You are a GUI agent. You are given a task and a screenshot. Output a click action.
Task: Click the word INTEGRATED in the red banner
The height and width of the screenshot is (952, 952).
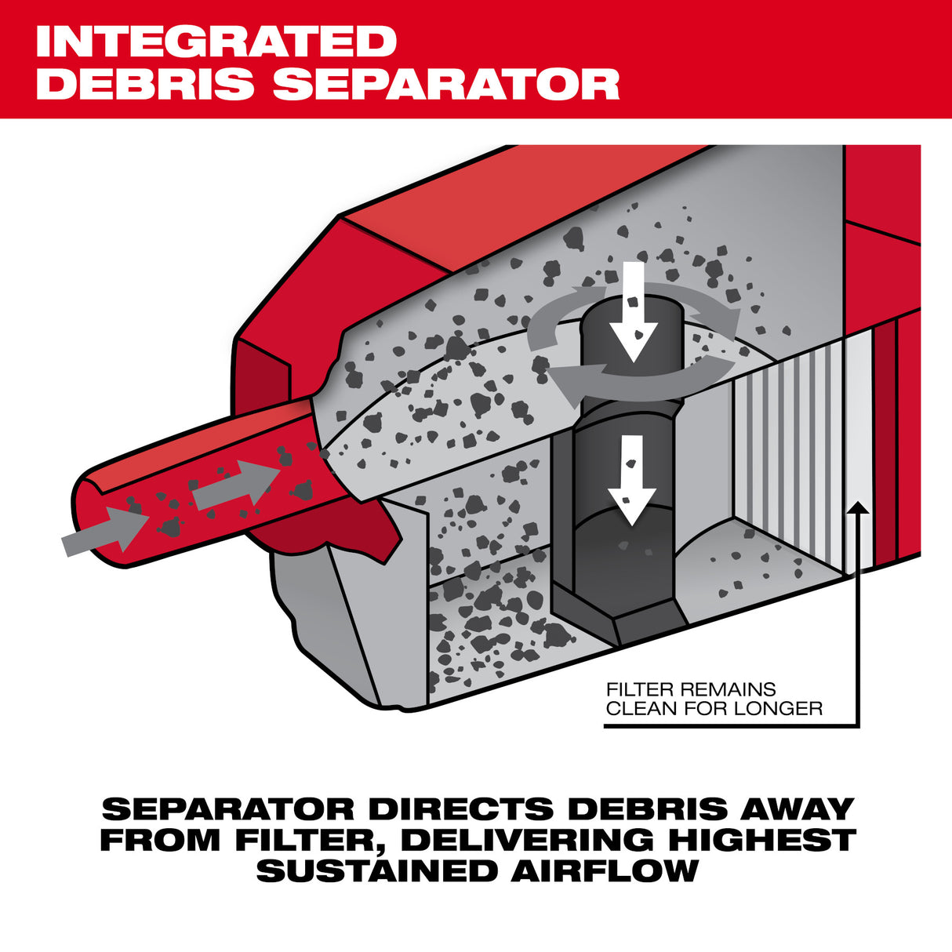216,42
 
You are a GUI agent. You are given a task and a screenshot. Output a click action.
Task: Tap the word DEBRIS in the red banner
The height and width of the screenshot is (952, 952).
145,83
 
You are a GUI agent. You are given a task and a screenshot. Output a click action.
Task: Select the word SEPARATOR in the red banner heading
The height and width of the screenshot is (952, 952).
446,83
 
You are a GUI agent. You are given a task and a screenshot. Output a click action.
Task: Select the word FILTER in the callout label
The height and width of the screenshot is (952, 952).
639,689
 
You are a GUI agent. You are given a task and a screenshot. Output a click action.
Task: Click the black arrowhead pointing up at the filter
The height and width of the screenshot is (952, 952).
859,507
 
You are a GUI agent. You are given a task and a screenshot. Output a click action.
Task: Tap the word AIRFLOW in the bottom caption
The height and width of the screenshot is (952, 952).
605,870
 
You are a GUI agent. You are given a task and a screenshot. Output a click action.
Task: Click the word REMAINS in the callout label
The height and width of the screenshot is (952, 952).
727,689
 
